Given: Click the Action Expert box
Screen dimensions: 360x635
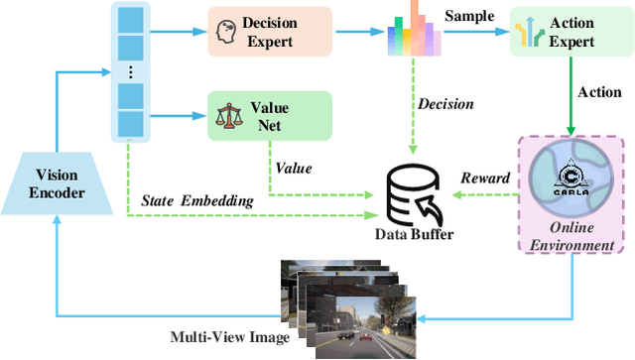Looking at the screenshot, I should click(566, 32).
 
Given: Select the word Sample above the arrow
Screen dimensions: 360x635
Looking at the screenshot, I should click(471, 16).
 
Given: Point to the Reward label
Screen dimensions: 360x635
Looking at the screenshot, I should click(485, 178).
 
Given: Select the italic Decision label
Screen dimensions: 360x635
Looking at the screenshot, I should click(444, 102).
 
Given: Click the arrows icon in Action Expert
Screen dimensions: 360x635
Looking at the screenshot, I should click(528, 33).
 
